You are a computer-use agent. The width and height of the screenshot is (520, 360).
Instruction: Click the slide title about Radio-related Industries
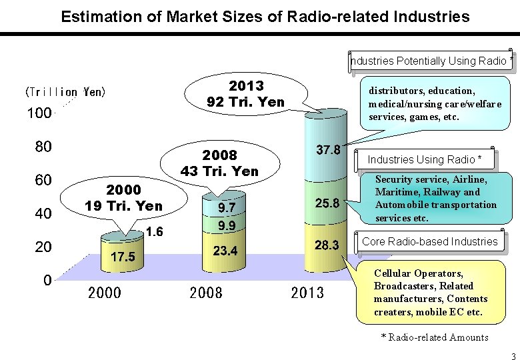click(265, 16)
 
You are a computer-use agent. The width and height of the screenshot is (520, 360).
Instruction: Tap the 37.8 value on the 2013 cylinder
click(327, 150)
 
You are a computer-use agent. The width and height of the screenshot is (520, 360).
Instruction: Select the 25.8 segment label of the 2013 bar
click(327, 202)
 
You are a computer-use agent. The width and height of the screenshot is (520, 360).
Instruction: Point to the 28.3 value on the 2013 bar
click(327, 245)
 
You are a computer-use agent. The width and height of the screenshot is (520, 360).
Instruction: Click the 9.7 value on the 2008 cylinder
click(227, 208)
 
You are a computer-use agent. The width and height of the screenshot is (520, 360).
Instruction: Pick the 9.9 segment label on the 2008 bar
click(227, 226)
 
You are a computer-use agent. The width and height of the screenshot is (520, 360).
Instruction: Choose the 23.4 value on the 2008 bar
click(225, 251)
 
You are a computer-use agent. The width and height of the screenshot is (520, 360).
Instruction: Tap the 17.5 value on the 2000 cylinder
click(123, 257)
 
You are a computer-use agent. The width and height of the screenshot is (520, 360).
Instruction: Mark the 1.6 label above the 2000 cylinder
click(154, 232)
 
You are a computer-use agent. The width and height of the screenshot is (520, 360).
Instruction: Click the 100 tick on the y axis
click(39, 113)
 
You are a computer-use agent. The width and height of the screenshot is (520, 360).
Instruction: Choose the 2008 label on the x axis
click(206, 292)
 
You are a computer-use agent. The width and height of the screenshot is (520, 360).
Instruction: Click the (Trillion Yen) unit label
click(65, 92)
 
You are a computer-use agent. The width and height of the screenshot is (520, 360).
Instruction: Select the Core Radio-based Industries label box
click(429, 241)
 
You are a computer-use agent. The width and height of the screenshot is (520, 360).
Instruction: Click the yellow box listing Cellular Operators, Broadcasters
click(430, 293)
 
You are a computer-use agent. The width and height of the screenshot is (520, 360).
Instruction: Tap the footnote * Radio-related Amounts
click(434, 337)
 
